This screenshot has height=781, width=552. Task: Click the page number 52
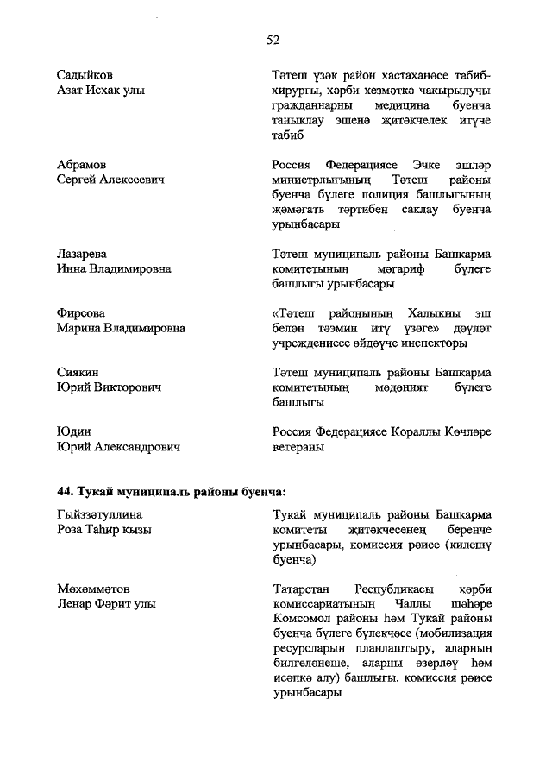[x=274, y=39]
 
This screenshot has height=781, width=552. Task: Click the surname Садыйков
[x=85, y=74]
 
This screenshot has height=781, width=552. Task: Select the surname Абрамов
[x=82, y=164]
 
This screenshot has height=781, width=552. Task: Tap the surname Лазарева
[x=82, y=254]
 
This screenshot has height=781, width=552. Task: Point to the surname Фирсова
[x=81, y=313]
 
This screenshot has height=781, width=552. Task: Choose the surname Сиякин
[x=78, y=373]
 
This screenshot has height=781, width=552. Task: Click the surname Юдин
[x=74, y=431]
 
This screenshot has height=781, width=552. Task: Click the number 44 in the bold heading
[x=65, y=491]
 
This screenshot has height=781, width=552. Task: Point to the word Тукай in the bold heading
[x=97, y=491]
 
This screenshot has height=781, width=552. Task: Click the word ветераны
[x=298, y=447]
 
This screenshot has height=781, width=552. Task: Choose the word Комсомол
[x=298, y=619]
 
